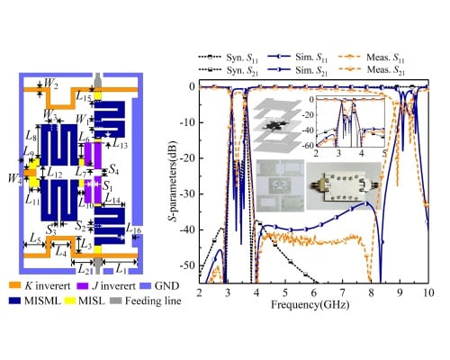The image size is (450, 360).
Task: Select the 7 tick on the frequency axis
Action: [343, 294]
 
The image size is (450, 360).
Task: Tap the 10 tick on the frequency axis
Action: [428, 294]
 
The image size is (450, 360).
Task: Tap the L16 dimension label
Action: [134, 231]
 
